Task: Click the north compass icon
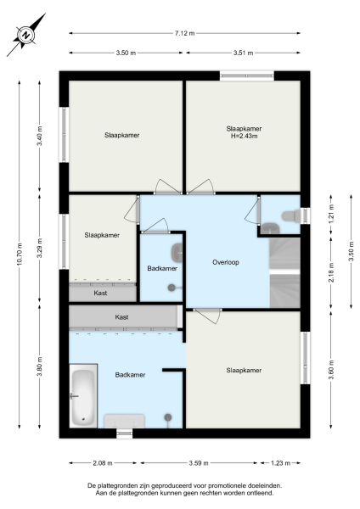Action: tap(26, 36)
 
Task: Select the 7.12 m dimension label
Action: tap(186, 33)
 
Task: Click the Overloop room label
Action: tap(226, 262)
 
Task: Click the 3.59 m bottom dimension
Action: tap(199, 463)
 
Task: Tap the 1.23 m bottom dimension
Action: tap(279, 463)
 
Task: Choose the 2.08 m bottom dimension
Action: tap(104, 463)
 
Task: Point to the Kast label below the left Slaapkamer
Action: tap(101, 293)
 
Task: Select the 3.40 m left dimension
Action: tap(39, 137)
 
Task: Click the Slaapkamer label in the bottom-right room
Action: tap(243, 371)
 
